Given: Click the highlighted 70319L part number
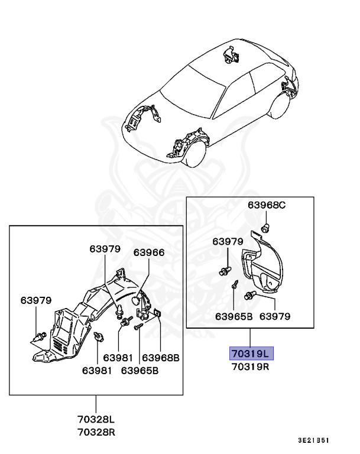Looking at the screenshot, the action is tap(249, 354).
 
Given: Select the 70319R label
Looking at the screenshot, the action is tap(249, 367).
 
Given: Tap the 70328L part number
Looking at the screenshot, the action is tap(96, 419).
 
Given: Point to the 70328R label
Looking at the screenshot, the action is tap(96, 432).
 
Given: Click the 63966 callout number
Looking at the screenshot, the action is tap(149, 252).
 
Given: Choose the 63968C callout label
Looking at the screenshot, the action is tap(267, 205).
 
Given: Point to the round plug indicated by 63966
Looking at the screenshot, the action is tap(137, 301).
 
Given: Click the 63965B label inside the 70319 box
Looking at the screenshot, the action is tap(233, 316).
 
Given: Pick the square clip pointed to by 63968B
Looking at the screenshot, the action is tap(158, 314).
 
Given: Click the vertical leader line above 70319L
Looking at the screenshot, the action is tap(249, 337).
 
